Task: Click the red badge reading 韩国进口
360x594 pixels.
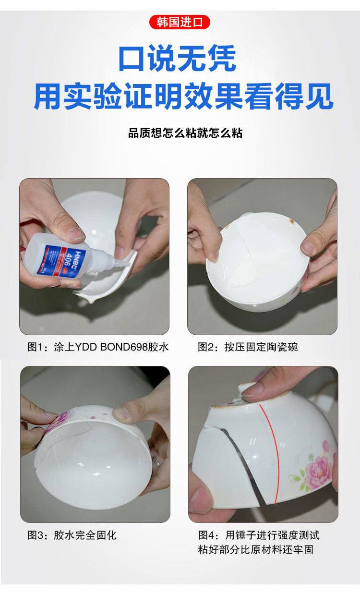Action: pos(180,22)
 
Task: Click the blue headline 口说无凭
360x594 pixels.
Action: pos(178,59)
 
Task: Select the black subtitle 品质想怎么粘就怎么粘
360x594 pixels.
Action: pos(185,133)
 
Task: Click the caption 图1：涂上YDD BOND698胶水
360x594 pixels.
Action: pos(98,347)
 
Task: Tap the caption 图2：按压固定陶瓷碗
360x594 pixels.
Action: pos(248,347)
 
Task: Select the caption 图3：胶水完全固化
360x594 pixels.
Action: pos(72,534)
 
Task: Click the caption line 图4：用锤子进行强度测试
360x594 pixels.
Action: pos(259,534)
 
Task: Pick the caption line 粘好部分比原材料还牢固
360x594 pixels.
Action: pos(255,549)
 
